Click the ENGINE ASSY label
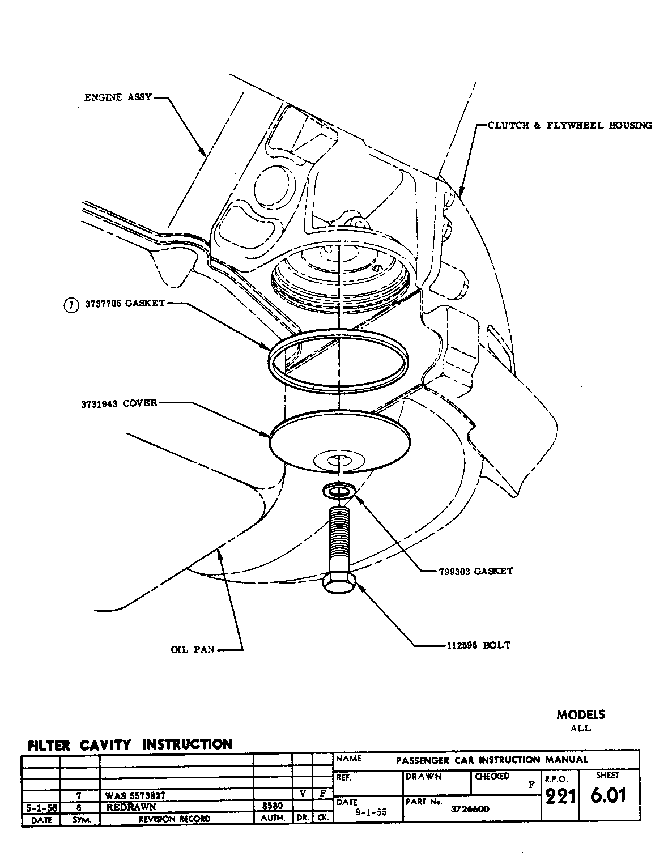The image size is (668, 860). pyautogui.click(x=118, y=97)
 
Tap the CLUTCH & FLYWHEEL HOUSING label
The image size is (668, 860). pyautogui.click(x=569, y=125)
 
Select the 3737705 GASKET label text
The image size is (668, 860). pyautogui.click(x=125, y=303)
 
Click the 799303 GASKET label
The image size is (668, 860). pyautogui.click(x=475, y=571)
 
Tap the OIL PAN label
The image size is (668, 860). pyautogui.click(x=193, y=649)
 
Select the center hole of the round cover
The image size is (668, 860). pyautogui.click(x=338, y=459)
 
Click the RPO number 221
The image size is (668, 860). pyautogui.click(x=560, y=797)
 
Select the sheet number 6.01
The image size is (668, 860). pyautogui.click(x=608, y=795)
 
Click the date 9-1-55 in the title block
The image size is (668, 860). pyautogui.click(x=371, y=812)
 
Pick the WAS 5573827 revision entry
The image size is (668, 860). pyautogui.click(x=135, y=795)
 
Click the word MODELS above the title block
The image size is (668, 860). pyautogui.click(x=580, y=714)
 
